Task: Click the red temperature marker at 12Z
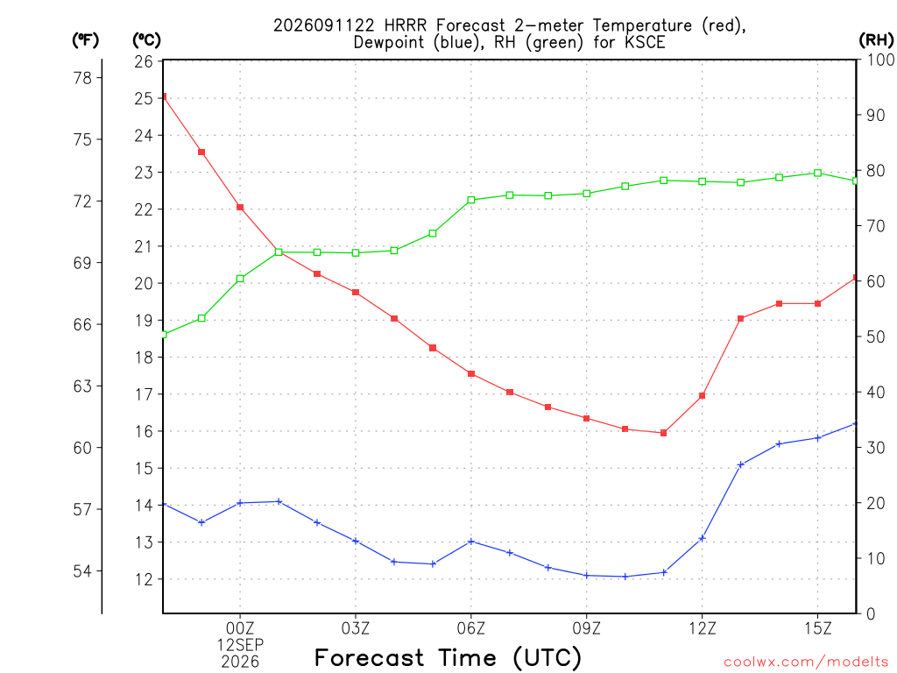[702, 395]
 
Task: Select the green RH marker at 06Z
[471, 200]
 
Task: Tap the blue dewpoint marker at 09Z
[586, 575]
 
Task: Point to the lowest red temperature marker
[664, 433]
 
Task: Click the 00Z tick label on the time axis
[240, 628]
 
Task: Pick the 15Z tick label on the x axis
[817, 628]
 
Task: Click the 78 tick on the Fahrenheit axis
[82, 78]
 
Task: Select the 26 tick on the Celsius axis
[144, 61]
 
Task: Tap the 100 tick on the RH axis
[880, 60]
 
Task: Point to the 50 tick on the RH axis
[875, 336]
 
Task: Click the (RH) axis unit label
[876, 39]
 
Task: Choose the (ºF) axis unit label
[85, 40]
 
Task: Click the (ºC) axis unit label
[146, 40]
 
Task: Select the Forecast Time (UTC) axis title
[448, 657]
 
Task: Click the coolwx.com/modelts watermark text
[806, 662]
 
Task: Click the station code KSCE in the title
[645, 42]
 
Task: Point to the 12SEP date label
[240, 645]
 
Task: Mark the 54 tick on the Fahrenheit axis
[82, 571]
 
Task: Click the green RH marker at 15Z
[817, 173]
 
